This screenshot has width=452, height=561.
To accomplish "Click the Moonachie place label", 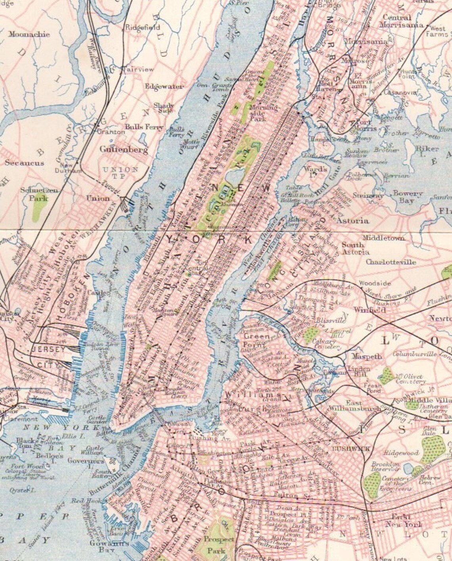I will click(29, 34).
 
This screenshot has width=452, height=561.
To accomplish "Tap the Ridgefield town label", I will click(143, 27).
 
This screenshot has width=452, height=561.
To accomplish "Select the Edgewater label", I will click(164, 86).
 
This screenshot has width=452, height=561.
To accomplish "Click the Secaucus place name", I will click(24, 163).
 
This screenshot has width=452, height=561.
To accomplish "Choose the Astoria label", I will click(352, 220).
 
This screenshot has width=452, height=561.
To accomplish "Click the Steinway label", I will click(368, 196).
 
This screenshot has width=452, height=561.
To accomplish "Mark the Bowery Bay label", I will click(408, 197).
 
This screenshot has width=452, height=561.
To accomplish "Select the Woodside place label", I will click(375, 283).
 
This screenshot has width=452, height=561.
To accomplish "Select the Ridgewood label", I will click(401, 453).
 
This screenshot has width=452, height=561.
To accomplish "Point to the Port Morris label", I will click(366, 125).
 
